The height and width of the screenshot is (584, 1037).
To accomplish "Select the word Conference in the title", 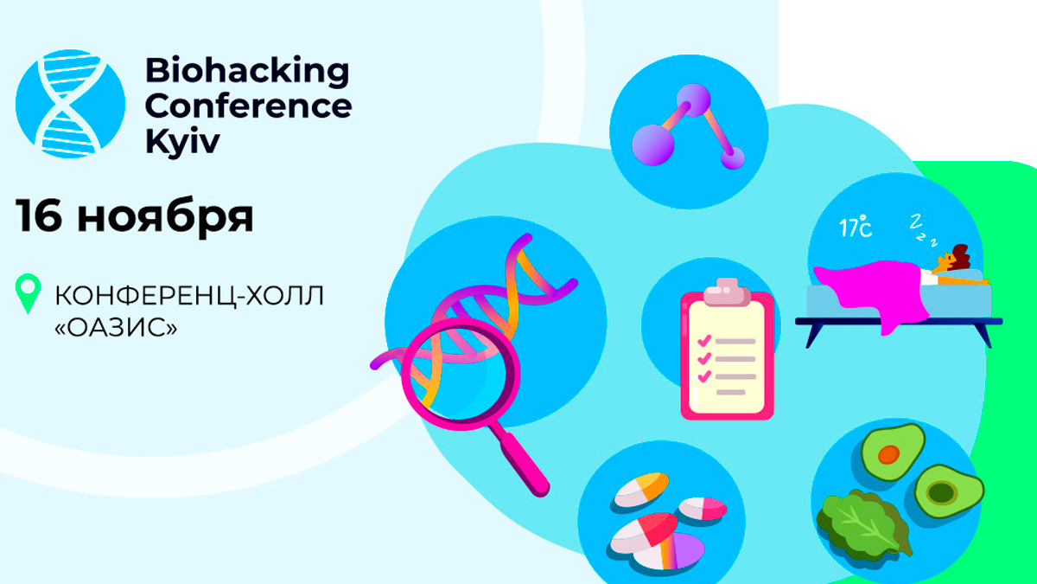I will [x=248, y=106].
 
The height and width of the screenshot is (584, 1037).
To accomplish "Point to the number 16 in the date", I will [x=38, y=216].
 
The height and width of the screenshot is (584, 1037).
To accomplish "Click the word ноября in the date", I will [x=165, y=218].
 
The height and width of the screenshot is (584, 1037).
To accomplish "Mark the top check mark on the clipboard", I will [x=703, y=339].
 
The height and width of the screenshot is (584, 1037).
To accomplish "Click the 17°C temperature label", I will [x=856, y=228].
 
